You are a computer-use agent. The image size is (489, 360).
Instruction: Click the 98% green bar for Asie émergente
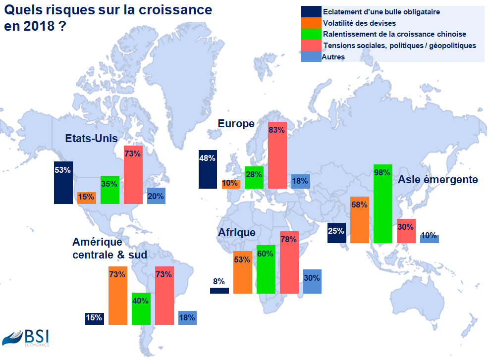click(x=383, y=203)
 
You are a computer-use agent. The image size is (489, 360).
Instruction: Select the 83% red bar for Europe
click(x=277, y=154)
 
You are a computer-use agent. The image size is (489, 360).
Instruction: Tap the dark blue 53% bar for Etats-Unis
click(x=63, y=182)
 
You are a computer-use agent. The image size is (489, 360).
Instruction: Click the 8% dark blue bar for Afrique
click(x=219, y=291)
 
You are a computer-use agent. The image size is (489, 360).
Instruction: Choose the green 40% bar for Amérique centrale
click(x=141, y=308)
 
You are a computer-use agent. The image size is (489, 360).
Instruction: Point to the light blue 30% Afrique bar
click(x=313, y=281)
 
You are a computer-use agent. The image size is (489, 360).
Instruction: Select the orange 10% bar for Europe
click(x=231, y=184)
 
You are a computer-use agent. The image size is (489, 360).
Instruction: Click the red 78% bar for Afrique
click(x=289, y=262)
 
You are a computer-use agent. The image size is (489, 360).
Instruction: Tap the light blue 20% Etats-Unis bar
click(x=157, y=196)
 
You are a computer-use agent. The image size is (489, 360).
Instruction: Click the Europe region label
click(x=236, y=123)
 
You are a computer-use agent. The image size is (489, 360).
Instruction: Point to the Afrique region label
click(x=237, y=232)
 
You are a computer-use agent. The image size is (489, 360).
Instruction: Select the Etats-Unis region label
click(x=92, y=138)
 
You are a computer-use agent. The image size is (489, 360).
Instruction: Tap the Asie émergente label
click(x=438, y=179)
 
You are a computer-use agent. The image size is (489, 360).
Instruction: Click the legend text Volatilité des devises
click(x=359, y=23)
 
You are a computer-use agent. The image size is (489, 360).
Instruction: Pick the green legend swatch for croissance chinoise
click(x=311, y=34)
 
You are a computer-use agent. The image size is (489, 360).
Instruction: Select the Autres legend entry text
click(x=333, y=57)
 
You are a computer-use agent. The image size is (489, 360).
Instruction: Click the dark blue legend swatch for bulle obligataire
click(x=311, y=12)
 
